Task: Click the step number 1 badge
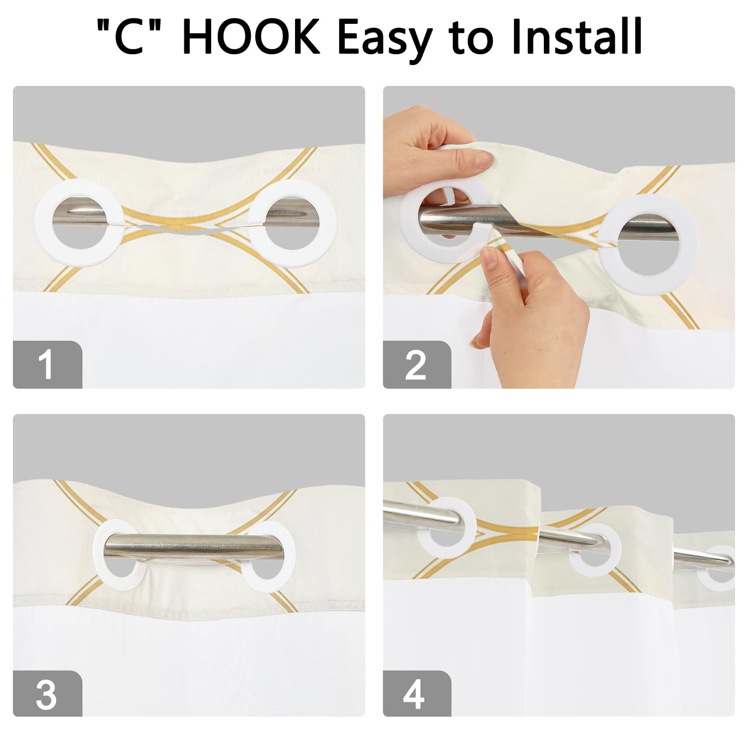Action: click(47, 364)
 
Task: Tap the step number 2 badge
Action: click(417, 364)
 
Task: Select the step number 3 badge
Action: click(47, 693)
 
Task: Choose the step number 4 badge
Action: click(417, 693)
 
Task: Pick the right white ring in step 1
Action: click(330, 223)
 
